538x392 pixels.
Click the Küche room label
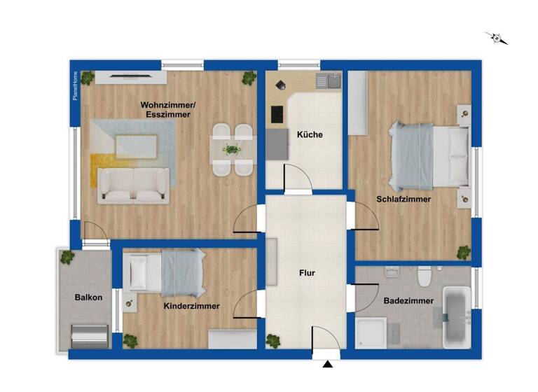309,134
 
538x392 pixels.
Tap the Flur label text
306,273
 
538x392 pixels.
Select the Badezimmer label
408,301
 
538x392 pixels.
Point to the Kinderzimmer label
191,306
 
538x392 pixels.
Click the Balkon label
89,297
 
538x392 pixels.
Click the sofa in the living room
133,185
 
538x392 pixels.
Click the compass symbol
497,38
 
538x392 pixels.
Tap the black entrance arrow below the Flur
326,364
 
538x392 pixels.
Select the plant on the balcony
67,257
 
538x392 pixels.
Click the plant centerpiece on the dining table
232,149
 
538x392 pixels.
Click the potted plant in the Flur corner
273,342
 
